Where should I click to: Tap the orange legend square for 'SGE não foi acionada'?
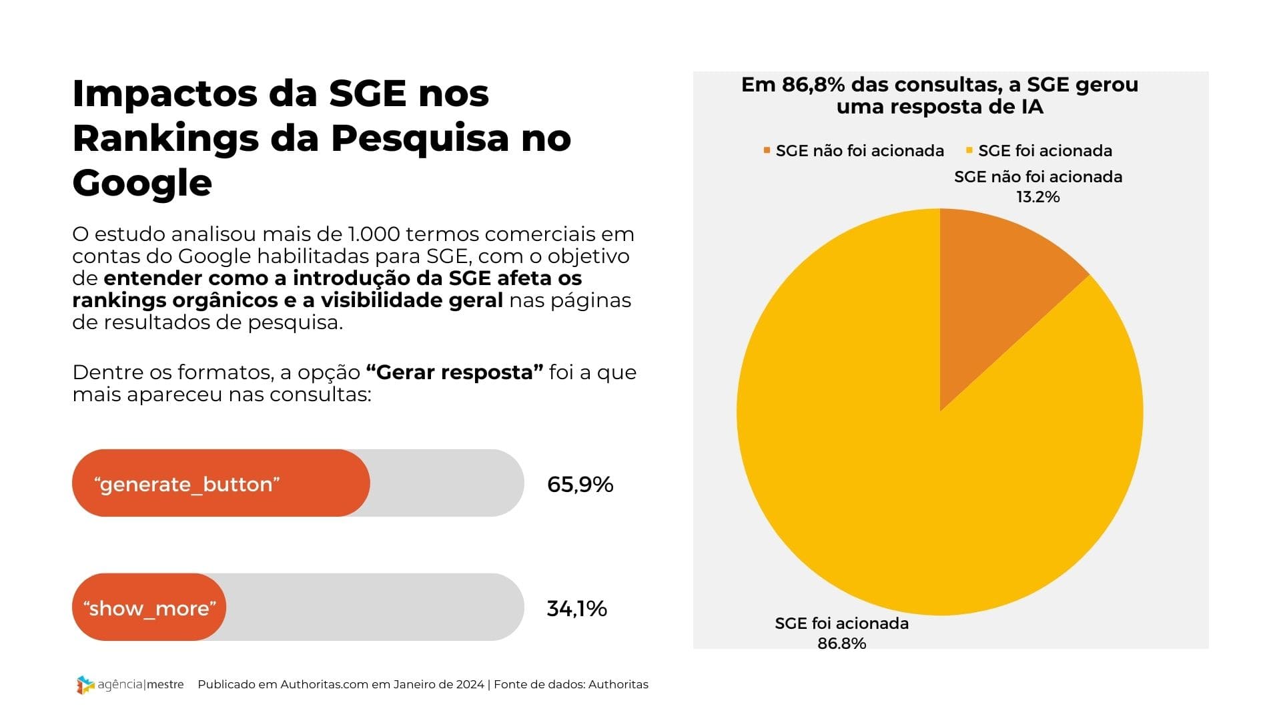[x=767, y=150]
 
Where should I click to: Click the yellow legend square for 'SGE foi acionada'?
[x=969, y=150]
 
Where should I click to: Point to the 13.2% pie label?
[x=1038, y=197]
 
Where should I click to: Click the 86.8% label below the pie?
[x=841, y=643]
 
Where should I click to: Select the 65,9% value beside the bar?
[x=580, y=484]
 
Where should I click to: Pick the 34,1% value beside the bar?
[x=576, y=608]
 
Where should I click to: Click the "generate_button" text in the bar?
[x=187, y=484]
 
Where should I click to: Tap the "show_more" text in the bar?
[x=149, y=608]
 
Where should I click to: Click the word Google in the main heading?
[x=142, y=183]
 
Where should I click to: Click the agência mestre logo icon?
[x=85, y=684]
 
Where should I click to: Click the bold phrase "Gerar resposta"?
[x=454, y=372]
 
